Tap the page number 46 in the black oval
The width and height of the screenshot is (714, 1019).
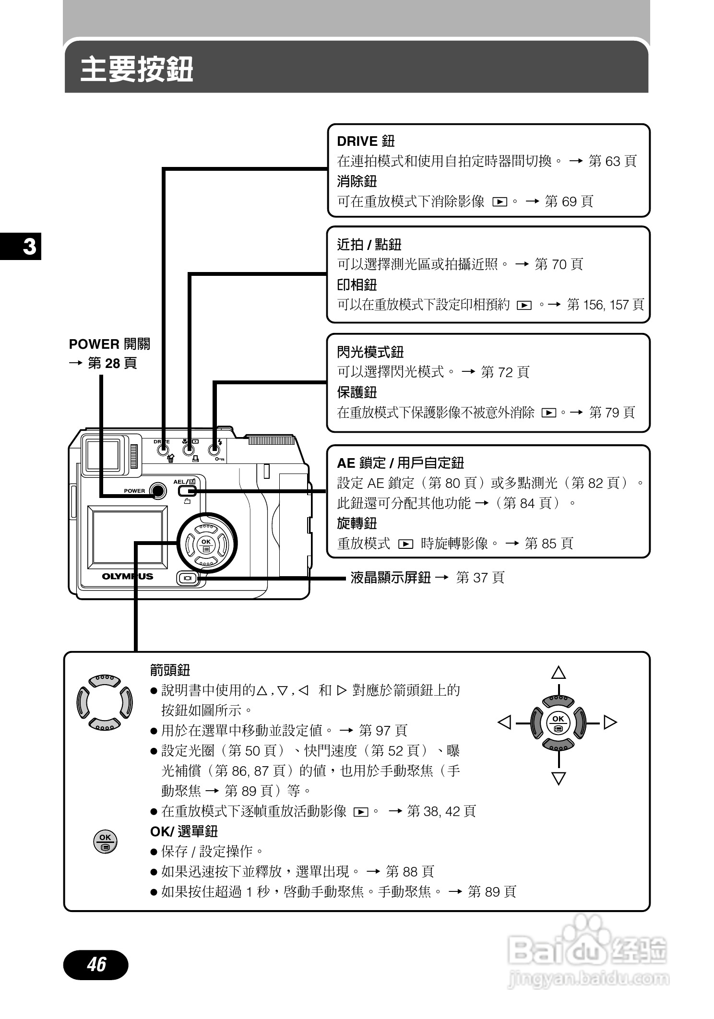pos(96,964)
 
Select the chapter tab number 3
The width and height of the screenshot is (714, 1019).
pos(29,247)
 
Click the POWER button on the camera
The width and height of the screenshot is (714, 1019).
pos(157,490)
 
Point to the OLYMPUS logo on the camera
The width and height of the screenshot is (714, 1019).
pos(127,576)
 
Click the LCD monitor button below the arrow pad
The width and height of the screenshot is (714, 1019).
pos(187,578)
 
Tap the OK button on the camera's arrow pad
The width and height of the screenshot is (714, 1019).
pos(206,544)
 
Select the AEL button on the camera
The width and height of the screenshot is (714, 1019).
pos(187,491)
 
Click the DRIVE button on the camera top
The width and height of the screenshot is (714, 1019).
pos(163,450)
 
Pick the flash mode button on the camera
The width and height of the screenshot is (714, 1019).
pos(214,450)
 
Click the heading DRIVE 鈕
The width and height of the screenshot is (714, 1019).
pos(366,141)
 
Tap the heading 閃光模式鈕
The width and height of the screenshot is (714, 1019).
pos(370,352)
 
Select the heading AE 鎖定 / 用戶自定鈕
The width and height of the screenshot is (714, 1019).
pos(400,463)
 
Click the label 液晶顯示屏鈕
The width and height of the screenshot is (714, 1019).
pos(390,577)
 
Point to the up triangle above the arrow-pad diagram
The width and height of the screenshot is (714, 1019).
pos(558,673)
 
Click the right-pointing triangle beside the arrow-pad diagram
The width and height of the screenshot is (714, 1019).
pos(609,722)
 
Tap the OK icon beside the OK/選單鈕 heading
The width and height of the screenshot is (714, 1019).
pos(105,841)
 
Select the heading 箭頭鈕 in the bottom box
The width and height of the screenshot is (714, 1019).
pos(170,670)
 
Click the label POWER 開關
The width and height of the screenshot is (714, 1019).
pos(109,344)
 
